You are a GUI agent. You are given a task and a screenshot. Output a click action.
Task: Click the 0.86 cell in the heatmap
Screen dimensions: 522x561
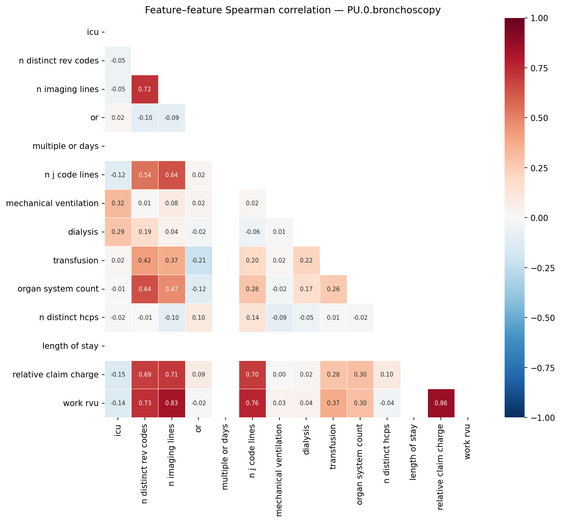pos(441,403)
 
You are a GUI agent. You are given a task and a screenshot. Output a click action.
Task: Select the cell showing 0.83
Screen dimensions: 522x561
pos(172,403)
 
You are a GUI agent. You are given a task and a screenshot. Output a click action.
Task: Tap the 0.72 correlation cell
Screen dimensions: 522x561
pos(145,89)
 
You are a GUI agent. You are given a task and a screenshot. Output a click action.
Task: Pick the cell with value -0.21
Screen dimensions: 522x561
pos(198,261)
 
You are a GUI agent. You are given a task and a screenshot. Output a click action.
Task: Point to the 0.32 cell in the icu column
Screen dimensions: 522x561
pos(118,203)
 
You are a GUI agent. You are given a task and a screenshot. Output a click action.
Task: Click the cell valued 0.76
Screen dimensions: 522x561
pos(253,403)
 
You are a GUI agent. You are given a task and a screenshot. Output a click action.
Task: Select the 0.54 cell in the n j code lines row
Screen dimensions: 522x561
pos(145,175)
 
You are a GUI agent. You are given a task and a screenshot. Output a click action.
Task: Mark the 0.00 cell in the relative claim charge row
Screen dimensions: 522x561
pos(279,375)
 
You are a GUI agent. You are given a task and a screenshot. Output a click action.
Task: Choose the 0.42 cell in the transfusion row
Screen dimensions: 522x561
pos(145,261)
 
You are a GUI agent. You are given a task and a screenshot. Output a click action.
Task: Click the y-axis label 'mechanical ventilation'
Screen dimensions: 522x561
pos(52,203)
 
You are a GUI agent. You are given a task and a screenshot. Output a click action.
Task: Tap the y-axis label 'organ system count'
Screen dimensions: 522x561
pos(58,289)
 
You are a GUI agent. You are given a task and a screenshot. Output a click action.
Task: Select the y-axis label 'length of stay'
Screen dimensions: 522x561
pos(70,346)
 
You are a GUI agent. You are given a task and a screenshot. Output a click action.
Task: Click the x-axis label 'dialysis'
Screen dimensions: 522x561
pos(306,440)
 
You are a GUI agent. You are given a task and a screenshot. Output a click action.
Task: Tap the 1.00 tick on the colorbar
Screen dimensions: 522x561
pos(540,18)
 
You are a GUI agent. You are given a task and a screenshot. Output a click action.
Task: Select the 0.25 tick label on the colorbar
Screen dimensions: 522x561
pos(540,168)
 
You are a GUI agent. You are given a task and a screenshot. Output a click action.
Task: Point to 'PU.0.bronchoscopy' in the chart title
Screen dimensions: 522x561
pos(394,10)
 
